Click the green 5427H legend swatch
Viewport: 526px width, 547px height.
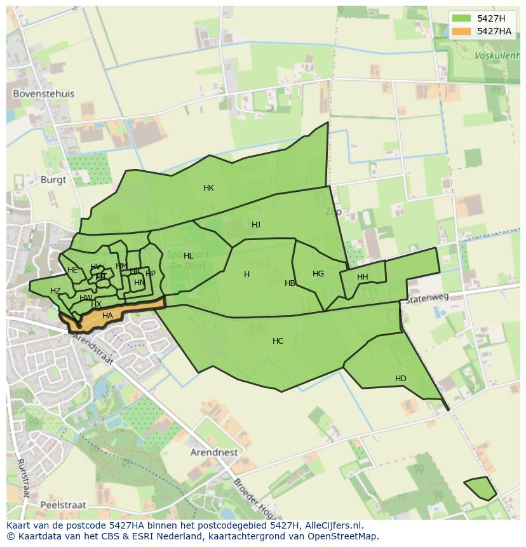(462, 18)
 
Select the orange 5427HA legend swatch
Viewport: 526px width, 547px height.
(462, 31)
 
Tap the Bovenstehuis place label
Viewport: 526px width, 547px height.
(44, 94)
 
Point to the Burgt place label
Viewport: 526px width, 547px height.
(53, 180)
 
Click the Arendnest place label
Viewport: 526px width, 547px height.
(214, 453)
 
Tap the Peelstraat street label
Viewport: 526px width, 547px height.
(62, 505)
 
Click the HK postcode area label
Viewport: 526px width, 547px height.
(208, 188)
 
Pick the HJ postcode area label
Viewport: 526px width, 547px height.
(256, 225)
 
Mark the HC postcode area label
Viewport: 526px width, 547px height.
(278, 341)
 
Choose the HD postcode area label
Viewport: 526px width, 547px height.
(400, 379)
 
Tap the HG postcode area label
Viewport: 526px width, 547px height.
(318, 274)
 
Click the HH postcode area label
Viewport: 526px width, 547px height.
(362, 277)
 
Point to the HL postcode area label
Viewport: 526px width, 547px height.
(188, 256)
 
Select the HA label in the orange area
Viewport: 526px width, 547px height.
(107, 316)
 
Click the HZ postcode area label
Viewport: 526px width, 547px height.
(55, 291)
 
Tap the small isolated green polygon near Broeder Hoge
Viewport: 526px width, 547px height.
(481, 488)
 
